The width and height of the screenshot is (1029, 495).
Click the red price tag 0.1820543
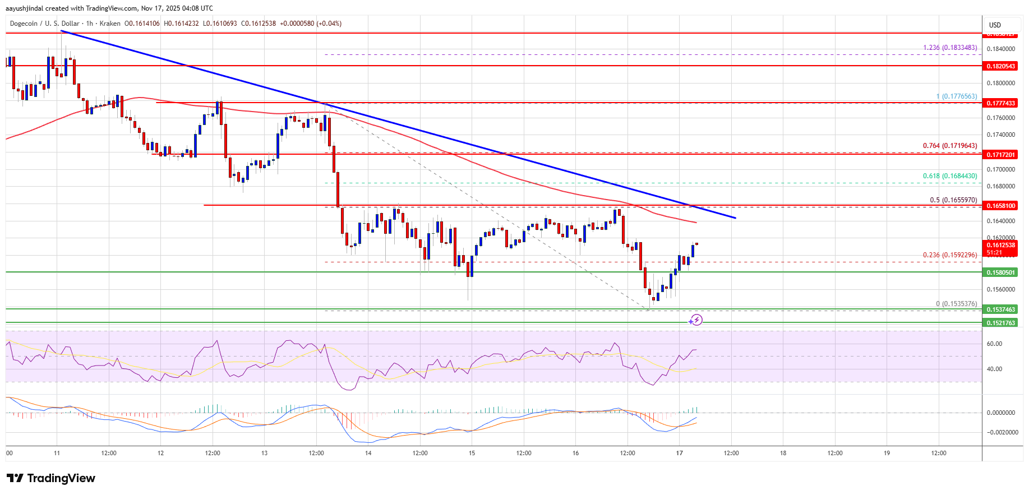coord(1000,66)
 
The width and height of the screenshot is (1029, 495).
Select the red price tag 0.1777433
coord(1000,103)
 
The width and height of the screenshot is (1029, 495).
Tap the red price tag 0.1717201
coord(1000,154)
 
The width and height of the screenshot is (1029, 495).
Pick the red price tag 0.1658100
coord(1000,206)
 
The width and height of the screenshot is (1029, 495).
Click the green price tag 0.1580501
coord(1000,272)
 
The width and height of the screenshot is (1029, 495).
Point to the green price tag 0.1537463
coord(1000,309)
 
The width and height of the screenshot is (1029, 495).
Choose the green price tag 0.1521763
coord(1000,323)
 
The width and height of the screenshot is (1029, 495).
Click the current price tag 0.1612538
coord(1000,246)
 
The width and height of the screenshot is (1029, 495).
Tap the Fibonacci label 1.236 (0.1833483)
coord(950,48)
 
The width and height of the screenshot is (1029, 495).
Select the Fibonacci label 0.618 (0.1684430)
coord(950,176)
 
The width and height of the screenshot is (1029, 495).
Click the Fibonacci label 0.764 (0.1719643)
coord(950,146)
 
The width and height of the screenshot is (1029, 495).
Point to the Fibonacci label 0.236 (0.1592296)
coord(950,255)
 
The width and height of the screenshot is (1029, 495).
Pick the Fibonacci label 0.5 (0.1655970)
coord(953,200)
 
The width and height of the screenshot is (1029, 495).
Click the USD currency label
coord(995,25)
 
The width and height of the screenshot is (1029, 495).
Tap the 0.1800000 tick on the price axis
coord(1000,83)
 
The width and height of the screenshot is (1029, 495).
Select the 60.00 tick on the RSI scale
coord(994,344)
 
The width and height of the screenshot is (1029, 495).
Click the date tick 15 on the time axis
coord(472,453)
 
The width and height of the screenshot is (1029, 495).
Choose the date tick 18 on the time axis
coord(783,453)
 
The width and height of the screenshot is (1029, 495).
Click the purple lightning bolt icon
coord(696,320)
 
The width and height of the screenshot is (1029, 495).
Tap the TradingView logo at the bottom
coord(51,478)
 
